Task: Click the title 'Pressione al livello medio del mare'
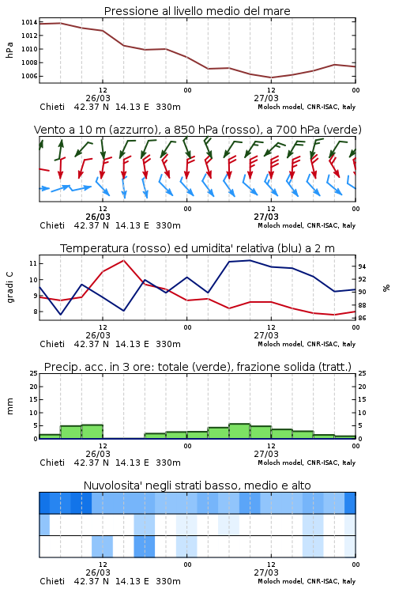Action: coord(197,11)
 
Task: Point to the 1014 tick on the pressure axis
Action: coord(29,22)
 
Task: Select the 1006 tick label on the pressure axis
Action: coord(29,76)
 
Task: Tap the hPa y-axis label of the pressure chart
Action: coord(9,50)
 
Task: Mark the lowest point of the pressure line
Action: coord(271,77)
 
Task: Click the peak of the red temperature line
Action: coord(123,260)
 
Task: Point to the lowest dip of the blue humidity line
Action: coord(61,314)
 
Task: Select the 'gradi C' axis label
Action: coord(9,287)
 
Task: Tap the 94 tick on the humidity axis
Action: coord(362,266)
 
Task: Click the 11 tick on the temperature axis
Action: coord(33,263)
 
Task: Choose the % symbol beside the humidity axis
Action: coord(386,288)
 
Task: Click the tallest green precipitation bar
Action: coord(239,431)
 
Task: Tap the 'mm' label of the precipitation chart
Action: coord(9,406)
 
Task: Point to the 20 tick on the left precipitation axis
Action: coord(33,387)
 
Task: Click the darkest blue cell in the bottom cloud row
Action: coord(145,546)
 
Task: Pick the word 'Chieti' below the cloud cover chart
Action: coord(52,581)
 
